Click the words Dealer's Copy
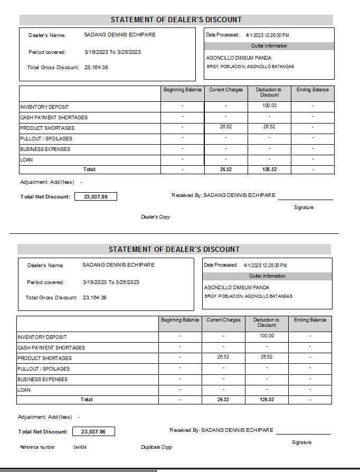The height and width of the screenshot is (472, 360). coord(155,217)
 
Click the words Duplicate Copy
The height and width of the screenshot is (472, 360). coord(156,447)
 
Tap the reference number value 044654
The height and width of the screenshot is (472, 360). coord(80,447)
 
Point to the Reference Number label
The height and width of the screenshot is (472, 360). coord(37,447)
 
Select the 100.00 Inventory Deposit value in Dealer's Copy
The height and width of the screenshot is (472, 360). coord(269,106)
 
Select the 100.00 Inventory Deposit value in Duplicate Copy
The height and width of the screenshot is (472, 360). coord(267,336)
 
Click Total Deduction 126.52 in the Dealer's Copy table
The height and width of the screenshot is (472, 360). coord(269,169)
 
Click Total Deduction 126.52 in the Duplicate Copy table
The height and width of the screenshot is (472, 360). coord(267,400)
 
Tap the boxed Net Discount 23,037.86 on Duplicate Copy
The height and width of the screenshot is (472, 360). coord(93,431)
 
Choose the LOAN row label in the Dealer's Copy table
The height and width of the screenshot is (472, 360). coord(26,159)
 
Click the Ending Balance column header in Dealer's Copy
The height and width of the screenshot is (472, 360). coord(312,90)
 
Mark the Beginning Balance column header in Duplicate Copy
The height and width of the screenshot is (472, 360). coord(180,320)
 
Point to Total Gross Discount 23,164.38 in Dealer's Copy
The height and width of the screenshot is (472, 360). coord(96,67)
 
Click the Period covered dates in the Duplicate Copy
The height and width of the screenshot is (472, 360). coord(111,282)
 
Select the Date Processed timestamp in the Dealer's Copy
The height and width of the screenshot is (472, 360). coord(267,35)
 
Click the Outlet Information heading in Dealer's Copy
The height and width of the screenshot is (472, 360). coord(269,46)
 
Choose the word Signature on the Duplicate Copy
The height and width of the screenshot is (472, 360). coord(301,442)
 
